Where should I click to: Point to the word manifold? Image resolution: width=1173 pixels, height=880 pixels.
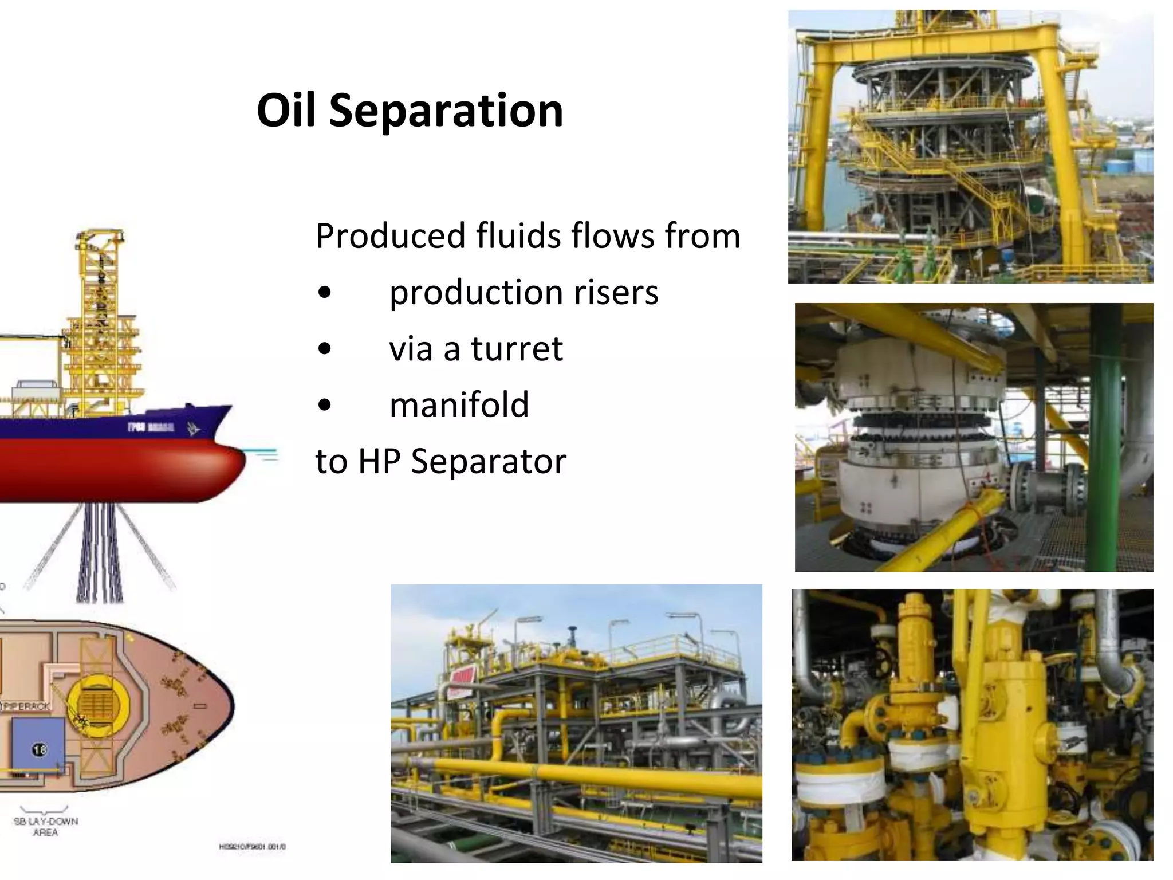459,404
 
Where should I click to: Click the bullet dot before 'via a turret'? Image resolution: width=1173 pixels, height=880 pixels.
324,349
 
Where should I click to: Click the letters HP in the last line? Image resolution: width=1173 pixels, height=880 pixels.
379,461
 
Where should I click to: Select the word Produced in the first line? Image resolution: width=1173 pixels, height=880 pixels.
390,236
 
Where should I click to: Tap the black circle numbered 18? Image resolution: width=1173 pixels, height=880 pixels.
39,750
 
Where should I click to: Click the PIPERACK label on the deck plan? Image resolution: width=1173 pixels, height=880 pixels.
26,706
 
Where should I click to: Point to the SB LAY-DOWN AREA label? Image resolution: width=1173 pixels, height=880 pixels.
46,826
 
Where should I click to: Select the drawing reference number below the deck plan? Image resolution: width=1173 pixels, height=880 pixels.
252,847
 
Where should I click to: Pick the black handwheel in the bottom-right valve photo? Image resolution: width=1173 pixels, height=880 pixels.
880,673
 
